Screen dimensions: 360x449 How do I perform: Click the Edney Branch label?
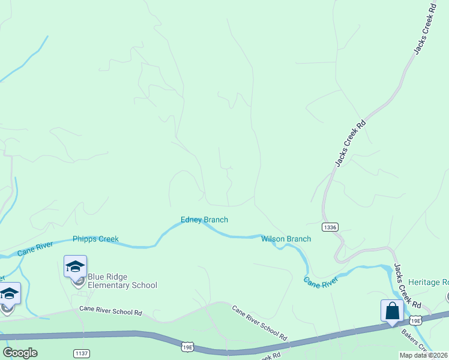[x=205, y=220]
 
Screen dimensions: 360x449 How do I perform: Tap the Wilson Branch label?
[x=286, y=239]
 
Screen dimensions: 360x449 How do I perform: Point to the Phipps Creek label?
[x=95, y=239]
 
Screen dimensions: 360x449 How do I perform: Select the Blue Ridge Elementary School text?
[x=122, y=281]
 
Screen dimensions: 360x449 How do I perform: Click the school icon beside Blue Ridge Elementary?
[x=76, y=267]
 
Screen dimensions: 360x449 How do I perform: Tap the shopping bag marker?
[x=392, y=311]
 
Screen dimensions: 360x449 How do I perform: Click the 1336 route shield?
[x=330, y=227]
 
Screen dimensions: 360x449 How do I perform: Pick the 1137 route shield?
[x=82, y=352]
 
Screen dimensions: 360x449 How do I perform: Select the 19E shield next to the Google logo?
[x=187, y=347]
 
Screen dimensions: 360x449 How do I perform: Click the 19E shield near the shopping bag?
[x=417, y=322]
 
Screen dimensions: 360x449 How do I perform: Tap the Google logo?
[x=20, y=353]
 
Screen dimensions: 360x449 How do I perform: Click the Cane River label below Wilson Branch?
[x=321, y=282]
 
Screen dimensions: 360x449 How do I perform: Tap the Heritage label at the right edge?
[x=428, y=282]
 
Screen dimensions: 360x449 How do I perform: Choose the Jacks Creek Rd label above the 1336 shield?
[x=351, y=143]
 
